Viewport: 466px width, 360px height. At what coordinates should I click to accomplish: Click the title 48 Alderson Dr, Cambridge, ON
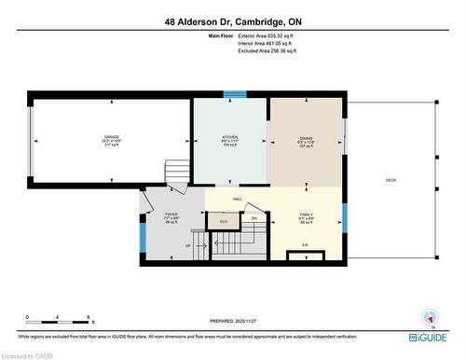coord(232,21)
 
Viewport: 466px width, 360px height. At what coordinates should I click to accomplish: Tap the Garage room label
coord(111,141)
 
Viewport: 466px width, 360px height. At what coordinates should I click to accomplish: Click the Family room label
coord(308,217)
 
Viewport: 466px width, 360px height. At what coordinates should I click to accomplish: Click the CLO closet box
coord(223,220)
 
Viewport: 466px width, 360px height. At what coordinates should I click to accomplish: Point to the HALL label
coord(238,199)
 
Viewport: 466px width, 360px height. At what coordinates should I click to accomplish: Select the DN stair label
coord(253,218)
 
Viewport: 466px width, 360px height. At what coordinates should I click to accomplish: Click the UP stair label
coord(188,245)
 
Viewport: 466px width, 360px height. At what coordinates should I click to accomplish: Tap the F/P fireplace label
coord(305,245)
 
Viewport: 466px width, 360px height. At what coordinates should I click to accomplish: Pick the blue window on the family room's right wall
coord(344,216)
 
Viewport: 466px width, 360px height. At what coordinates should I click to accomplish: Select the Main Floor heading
coord(221,35)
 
